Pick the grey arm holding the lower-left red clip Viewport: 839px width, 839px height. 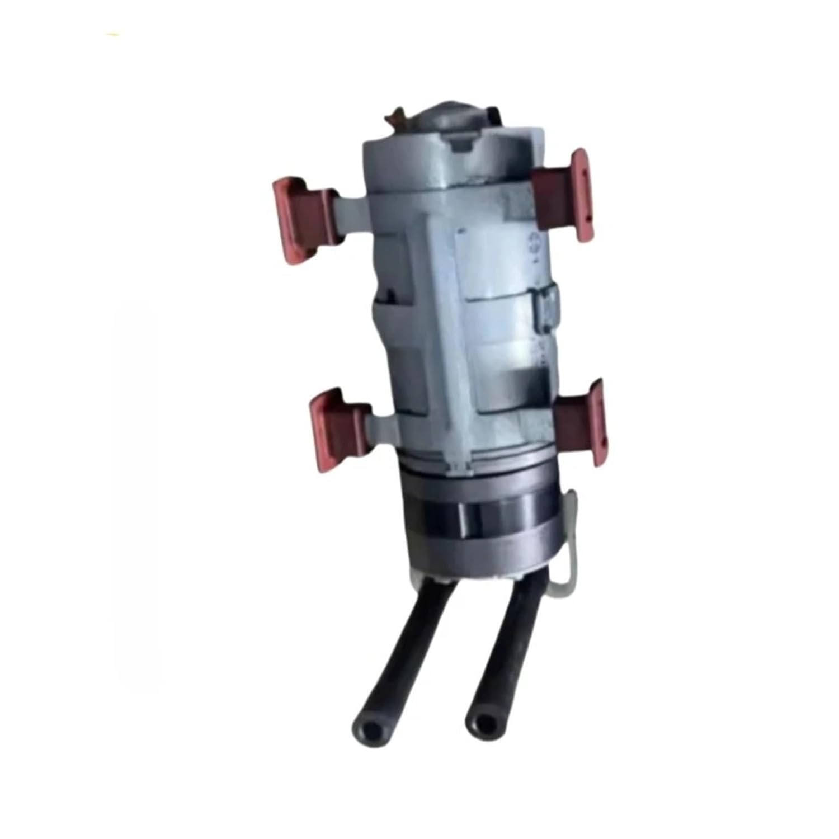(383, 422)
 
